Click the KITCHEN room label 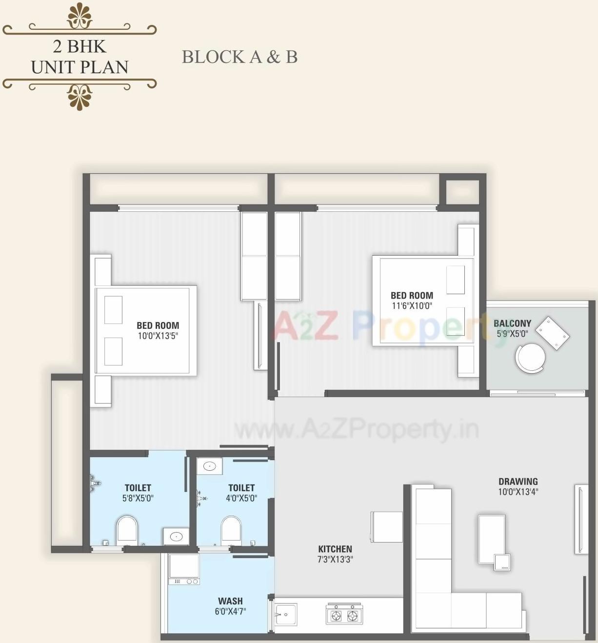pos(335,549)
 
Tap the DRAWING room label pos(518,481)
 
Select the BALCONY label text pos(512,323)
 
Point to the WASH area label pos(230,601)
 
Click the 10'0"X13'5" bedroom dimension pos(158,336)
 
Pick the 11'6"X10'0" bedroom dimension pos(412,306)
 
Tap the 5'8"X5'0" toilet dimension pos(138,498)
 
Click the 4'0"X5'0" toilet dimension pos(241,498)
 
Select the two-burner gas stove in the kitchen pos(344,615)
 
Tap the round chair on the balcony pos(530,358)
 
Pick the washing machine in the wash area pos(184,568)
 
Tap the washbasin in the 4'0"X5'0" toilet pos(210,466)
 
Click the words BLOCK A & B pos(239,57)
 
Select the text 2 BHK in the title pos(80,46)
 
